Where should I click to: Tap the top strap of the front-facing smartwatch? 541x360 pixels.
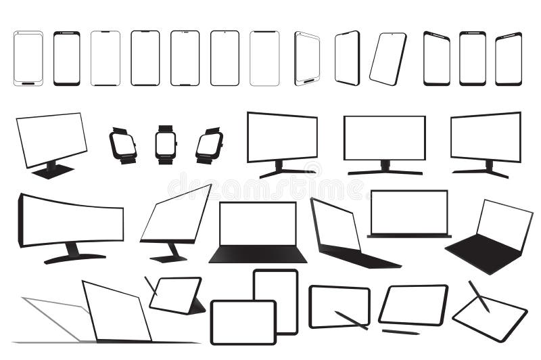[166, 128]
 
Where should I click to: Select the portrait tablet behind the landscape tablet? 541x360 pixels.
[276, 284]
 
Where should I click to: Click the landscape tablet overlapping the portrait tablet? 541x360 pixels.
[243, 321]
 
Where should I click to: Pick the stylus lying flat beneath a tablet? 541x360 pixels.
[400, 332]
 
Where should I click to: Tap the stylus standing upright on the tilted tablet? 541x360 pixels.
[479, 296]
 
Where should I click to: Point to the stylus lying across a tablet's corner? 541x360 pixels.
[352, 320]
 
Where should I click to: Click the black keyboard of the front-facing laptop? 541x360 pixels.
[258, 254]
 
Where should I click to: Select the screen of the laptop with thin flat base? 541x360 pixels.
[409, 211]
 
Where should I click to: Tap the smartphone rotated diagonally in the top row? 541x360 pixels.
[388, 59]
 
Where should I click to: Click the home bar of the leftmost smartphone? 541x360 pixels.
[28, 83]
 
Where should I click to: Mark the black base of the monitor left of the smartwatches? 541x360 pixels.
[52, 171]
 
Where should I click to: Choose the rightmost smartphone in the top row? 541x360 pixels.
[509, 59]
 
